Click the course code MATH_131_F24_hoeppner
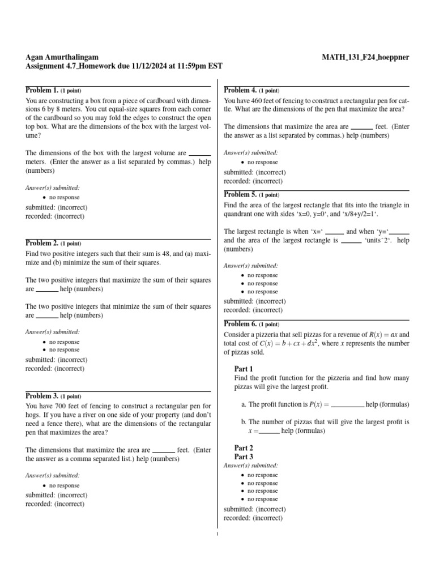click(x=365, y=57)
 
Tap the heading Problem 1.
click(x=42, y=90)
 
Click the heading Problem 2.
click(x=42, y=243)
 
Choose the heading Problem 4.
click(x=240, y=90)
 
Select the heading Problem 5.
click(x=240, y=195)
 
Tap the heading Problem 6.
click(x=240, y=324)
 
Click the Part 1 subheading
click(x=244, y=369)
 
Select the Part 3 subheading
click(x=244, y=457)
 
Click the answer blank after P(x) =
click(x=347, y=404)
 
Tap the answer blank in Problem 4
click(x=361, y=127)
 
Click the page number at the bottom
click(x=217, y=533)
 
